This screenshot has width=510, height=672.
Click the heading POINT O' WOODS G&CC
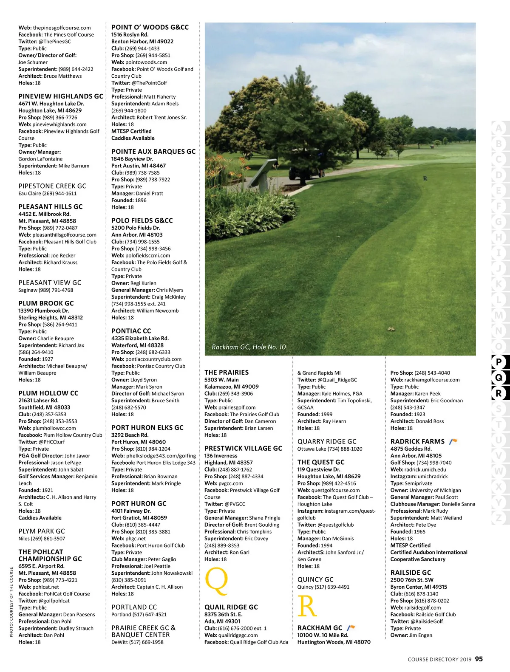point(150,27)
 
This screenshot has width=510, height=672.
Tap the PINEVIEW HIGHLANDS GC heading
point(61,96)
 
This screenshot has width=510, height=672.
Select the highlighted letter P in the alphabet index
point(499,362)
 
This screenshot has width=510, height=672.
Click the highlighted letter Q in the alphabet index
point(499,378)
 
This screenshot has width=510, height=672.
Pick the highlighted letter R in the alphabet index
point(499,393)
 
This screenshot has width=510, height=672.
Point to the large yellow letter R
point(307,606)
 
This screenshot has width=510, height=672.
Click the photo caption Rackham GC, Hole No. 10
point(249,347)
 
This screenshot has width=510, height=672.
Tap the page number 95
point(479,659)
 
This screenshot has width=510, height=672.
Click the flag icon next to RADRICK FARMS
point(453,441)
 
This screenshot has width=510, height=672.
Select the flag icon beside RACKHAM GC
point(351,628)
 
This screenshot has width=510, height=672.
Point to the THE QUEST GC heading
point(321,462)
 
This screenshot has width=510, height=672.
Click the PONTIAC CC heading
point(131,331)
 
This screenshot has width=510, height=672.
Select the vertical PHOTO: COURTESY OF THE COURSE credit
point(11,601)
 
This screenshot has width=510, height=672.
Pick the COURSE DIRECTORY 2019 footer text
point(439,660)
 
